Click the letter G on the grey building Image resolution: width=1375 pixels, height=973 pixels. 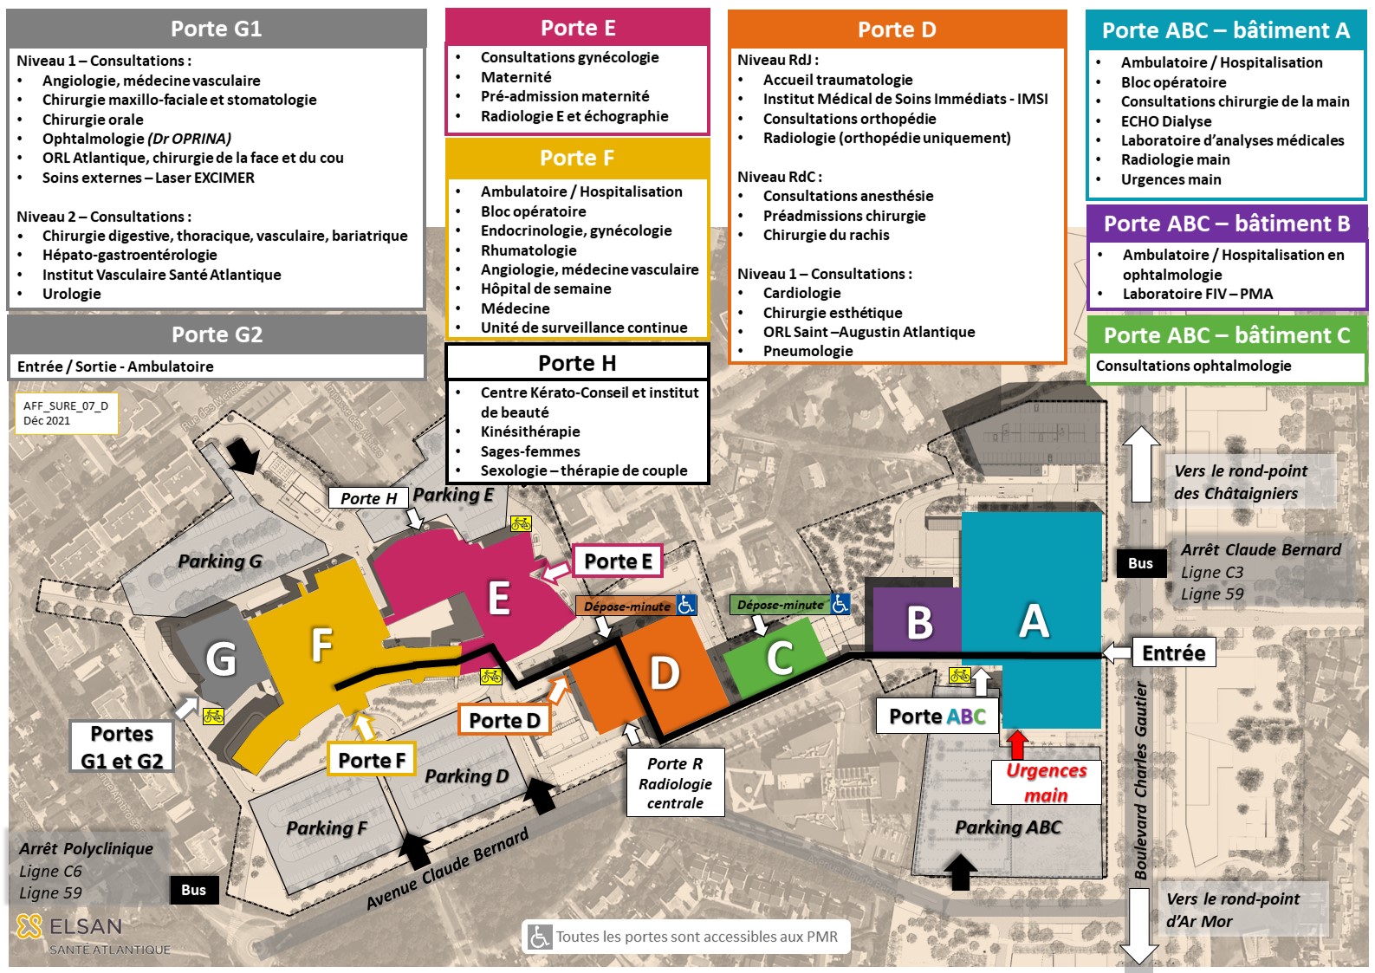coord(220,658)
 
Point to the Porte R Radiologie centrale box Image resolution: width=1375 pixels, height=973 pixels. coord(675,783)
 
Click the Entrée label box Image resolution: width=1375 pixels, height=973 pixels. coord(1173,652)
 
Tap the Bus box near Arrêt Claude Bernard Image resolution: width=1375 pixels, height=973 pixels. coord(1140,563)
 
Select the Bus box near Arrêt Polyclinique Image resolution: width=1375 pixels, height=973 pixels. coord(193,890)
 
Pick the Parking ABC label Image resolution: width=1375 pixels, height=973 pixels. coord(1008,827)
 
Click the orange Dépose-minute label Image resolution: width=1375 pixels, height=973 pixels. coord(626,607)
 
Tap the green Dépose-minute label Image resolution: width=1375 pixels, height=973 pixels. coord(780,605)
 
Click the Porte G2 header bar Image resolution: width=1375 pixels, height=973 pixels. coord(217,334)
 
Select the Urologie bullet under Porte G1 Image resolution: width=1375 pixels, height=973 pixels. coord(72,294)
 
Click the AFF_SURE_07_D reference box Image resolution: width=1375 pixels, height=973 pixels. coord(66,413)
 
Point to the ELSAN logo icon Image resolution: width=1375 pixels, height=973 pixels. coord(29,926)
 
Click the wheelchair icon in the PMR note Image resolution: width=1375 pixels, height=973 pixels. coord(539,937)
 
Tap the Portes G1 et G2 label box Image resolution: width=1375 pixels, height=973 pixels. coord(122,747)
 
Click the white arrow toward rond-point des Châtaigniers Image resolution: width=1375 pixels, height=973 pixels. coord(1140,464)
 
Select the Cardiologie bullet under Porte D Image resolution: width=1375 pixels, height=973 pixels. coord(801,293)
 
